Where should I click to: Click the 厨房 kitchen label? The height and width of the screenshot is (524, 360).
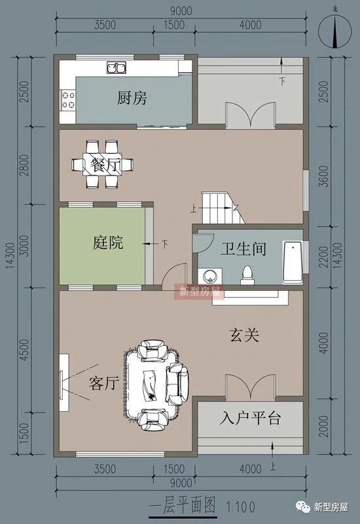[x=132, y=99]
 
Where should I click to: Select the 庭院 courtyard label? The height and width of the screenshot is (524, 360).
[x=107, y=244]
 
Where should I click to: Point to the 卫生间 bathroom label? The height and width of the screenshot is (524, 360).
[x=242, y=249]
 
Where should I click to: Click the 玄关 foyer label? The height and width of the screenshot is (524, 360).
[x=244, y=335]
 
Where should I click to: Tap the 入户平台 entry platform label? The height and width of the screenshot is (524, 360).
[x=251, y=418]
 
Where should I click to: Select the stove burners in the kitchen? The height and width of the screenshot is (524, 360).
[x=67, y=100]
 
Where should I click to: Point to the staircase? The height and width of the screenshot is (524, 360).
[x=219, y=208]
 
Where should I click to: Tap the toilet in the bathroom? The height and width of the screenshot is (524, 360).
[x=247, y=274]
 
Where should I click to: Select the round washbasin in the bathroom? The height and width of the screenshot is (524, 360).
[x=211, y=276]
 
